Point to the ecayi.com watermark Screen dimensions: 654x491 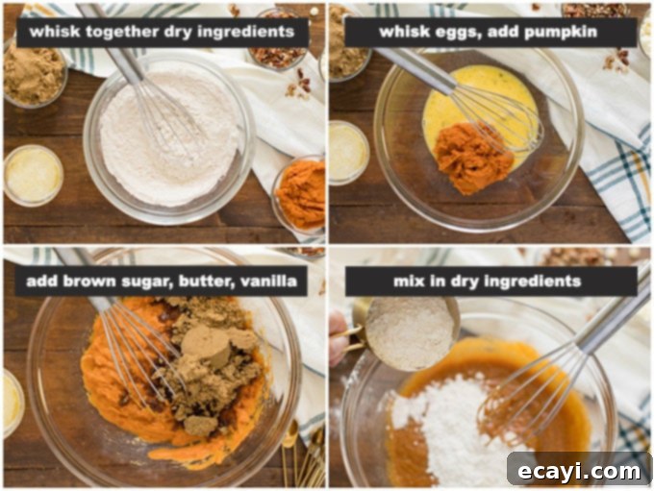pyautogui.click(x=579, y=472)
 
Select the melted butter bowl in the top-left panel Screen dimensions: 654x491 pyautogui.click(x=34, y=175)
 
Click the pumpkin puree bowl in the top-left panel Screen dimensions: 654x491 pyautogui.click(x=299, y=194)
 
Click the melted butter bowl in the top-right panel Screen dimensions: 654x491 pyautogui.click(x=349, y=153)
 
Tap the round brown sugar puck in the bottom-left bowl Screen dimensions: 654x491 pyautogui.click(x=205, y=344)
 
